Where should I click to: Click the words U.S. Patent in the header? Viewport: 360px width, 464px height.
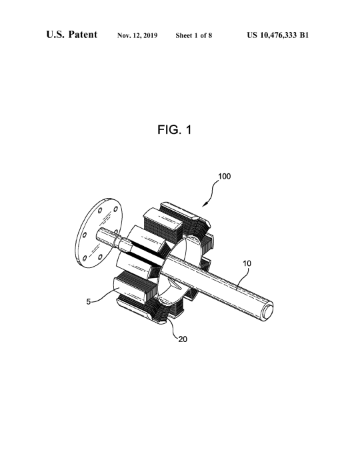click(x=71, y=34)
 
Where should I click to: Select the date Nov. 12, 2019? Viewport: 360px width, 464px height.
click(x=137, y=35)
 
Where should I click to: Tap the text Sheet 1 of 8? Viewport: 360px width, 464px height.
click(x=194, y=35)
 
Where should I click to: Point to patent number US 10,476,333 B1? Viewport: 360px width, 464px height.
click(x=278, y=35)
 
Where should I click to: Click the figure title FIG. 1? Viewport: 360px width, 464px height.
click(x=175, y=129)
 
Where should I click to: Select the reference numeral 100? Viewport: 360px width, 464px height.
click(x=224, y=177)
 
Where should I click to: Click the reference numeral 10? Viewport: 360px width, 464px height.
click(x=247, y=263)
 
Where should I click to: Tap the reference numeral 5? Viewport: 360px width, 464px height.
click(x=89, y=301)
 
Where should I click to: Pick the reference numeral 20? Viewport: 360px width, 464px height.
click(x=183, y=339)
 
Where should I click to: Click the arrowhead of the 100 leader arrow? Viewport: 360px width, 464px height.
click(x=204, y=205)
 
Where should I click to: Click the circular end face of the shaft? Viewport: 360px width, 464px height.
click(x=267, y=311)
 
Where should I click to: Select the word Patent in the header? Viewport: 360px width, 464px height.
click(x=83, y=34)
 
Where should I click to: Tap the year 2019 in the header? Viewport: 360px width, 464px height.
click(x=151, y=35)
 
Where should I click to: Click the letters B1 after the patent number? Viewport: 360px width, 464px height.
click(x=304, y=35)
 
